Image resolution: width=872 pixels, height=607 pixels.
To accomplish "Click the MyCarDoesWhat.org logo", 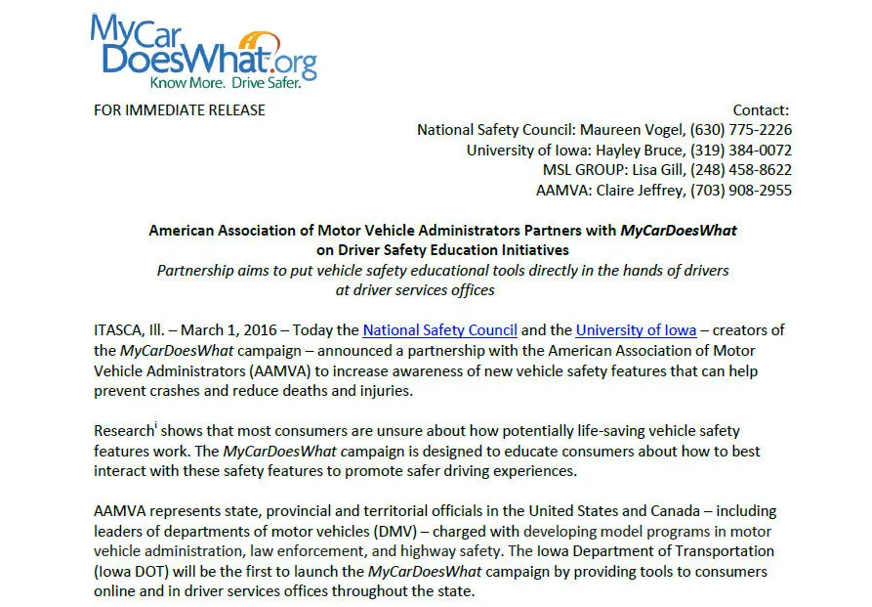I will pyautogui.click(x=203, y=51).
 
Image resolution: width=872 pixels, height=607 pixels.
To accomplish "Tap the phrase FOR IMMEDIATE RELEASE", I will pyautogui.click(x=180, y=109).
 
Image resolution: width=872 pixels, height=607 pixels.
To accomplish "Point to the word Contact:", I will pyautogui.click(x=761, y=110).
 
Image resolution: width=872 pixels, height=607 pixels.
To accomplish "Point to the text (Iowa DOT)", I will pyautogui.click(x=134, y=571).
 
